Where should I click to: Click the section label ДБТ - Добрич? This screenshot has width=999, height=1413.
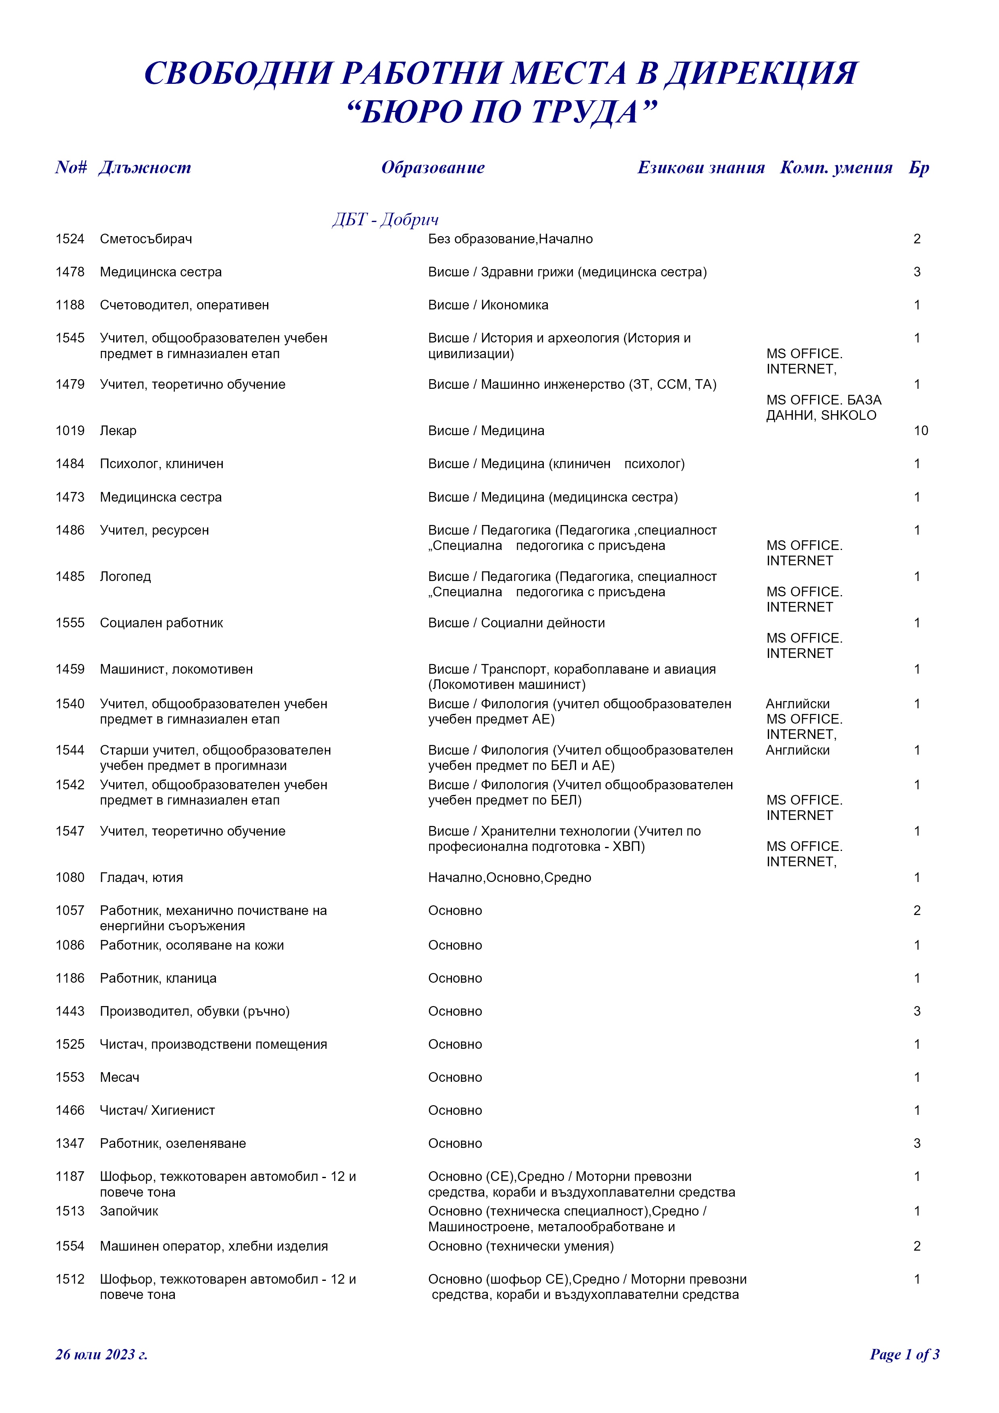click(x=386, y=219)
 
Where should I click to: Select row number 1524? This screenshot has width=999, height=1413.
click(x=70, y=239)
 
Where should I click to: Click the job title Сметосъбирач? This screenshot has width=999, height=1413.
click(x=146, y=239)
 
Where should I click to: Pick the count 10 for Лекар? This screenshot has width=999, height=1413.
click(x=920, y=431)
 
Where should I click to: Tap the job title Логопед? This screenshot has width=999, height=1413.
click(x=126, y=577)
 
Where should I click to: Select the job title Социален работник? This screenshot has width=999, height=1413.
click(x=161, y=623)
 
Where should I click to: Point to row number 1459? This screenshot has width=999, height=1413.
click(x=70, y=669)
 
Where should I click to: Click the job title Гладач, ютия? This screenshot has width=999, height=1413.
click(x=141, y=878)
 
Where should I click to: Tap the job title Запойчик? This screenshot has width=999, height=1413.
click(x=129, y=1211)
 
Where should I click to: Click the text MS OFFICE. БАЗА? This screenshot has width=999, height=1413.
click(x=824, y=400)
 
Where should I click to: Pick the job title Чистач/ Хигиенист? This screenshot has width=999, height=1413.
click(x=158, y=1111)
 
